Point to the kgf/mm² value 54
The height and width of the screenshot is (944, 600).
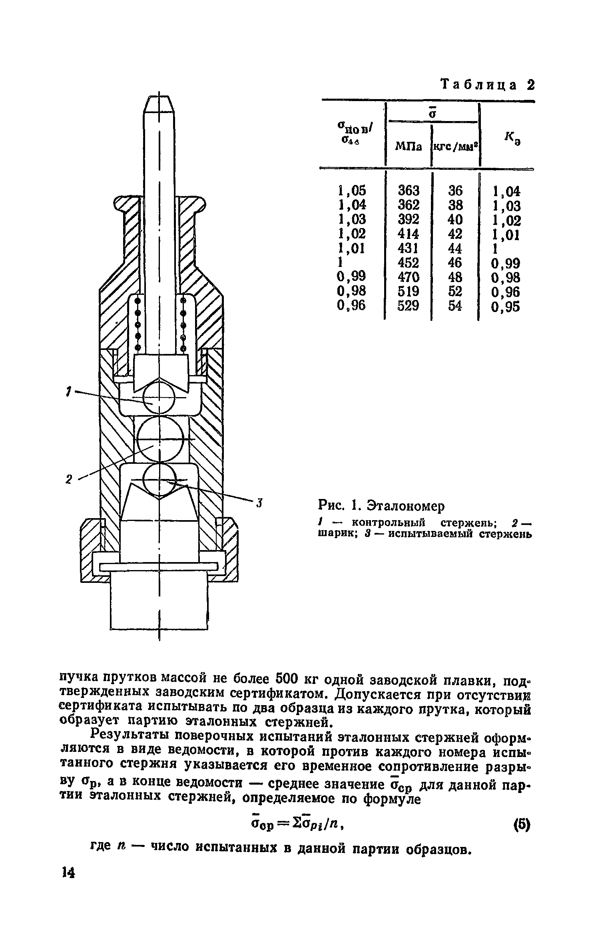tap(455, 306)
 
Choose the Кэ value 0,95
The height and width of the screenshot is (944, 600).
tap(506, 307)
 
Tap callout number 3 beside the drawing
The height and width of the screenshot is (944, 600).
tap(259, 502)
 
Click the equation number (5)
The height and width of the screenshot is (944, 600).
tap(520, 825)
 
